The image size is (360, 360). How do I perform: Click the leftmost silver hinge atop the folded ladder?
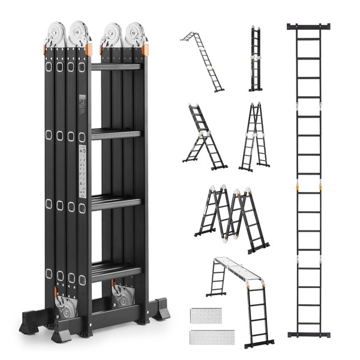[55, 34]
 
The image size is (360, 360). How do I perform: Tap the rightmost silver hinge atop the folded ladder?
[136, 34]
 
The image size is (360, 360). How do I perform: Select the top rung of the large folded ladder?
[116, 66]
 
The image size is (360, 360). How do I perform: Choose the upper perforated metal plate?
[206, 315]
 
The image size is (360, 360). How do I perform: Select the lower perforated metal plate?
[206, 337]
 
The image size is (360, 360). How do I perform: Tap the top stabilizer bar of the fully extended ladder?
[309, 26]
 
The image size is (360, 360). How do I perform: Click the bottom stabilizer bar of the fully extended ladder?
[309, 334]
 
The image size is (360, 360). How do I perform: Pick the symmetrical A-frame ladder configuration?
[254, 137]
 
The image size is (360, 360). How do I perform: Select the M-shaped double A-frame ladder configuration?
[232, 217]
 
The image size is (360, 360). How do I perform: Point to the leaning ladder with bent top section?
[204, 60]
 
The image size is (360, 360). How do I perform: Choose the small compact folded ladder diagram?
[256, 59]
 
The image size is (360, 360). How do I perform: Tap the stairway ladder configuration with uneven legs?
[204, 137]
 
